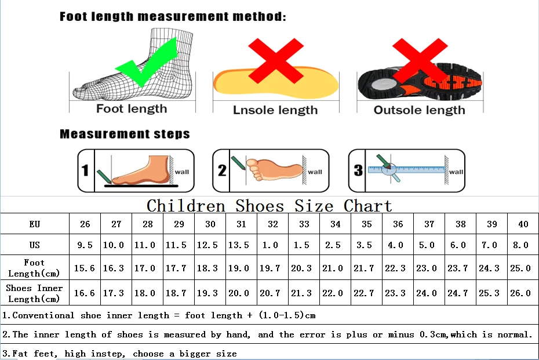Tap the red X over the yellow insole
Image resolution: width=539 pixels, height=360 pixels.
(275, 63)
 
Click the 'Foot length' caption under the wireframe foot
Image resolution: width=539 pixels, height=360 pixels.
(132, 108)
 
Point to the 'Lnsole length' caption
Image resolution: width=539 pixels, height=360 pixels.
(275, 110)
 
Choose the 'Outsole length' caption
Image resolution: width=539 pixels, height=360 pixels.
(419, 110)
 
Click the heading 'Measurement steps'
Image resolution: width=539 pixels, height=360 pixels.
(125, 134)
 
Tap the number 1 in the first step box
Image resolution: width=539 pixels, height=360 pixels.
(85, 170)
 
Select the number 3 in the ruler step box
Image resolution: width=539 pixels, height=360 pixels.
(358, 170)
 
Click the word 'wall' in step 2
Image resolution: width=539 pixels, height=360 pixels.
(315, 172)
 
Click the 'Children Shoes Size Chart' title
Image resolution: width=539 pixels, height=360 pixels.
(269, 206)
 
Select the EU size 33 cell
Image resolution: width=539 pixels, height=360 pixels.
(304, 224)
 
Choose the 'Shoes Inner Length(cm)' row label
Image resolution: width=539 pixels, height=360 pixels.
(34, 293)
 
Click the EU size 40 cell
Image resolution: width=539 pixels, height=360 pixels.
(522, 224)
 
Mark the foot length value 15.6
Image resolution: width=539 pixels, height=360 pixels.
(85, 268)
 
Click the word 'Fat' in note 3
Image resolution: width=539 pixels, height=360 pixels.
(20, 353)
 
